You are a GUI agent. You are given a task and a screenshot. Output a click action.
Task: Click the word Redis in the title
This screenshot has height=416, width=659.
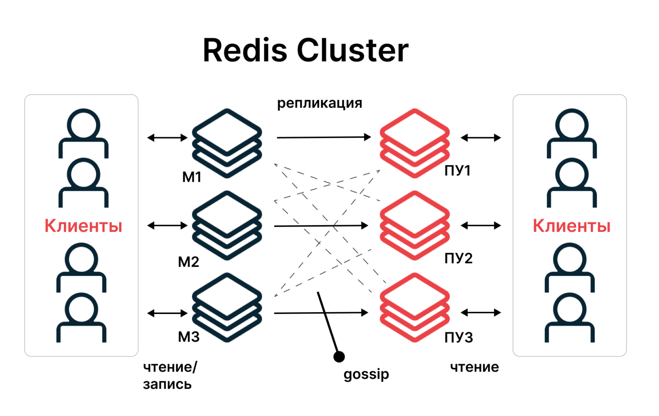tap(245, 51)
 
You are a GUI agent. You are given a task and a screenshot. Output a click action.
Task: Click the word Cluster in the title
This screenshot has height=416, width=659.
tap(352, 51)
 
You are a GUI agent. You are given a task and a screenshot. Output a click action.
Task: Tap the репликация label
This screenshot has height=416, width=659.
tap(320, 103)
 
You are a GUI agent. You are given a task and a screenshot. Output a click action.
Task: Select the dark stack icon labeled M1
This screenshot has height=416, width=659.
tap(227, 143)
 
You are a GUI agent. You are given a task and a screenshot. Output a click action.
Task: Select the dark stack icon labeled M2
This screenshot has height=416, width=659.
tap(227, 225)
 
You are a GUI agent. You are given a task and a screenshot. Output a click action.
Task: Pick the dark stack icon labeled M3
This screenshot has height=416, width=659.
tap(227, 307)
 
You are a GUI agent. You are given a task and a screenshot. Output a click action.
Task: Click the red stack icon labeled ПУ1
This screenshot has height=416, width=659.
tap(414, 143)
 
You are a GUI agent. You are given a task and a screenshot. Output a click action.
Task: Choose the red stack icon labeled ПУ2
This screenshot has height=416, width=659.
tap(414, 225)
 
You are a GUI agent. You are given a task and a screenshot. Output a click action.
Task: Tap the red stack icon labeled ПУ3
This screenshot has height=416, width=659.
tap(414, 307)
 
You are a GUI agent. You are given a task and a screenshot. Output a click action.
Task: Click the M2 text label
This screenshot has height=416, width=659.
tap(188, 262)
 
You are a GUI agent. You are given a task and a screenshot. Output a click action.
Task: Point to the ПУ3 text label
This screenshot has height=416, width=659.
tap(459, 338)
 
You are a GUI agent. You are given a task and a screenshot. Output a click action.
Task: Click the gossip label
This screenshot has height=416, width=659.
tap(366, 374)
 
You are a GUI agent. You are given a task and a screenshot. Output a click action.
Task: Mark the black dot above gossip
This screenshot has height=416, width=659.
tap(339, 356)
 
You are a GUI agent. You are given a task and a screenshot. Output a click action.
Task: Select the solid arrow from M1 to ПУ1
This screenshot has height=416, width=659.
tap(323, 137)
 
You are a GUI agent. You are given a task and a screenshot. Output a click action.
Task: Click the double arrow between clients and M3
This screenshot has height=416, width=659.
tap(167, 314)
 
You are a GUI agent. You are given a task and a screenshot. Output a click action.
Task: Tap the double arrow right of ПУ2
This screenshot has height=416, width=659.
tap(481, 226)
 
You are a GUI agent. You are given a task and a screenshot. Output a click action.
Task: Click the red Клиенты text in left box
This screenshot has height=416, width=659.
tap(83, 226)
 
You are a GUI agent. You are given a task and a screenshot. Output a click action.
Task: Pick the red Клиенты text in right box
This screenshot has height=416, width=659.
tap(571, 226)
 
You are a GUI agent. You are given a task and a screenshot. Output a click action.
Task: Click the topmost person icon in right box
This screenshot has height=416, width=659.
tap(571, 133)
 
